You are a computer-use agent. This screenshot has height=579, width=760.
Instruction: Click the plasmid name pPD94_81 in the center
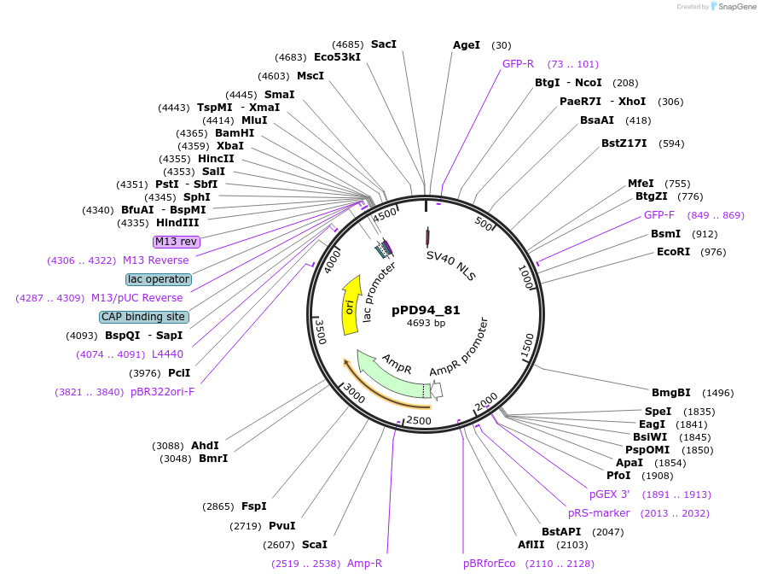pyautogui.click(x=426, y=310)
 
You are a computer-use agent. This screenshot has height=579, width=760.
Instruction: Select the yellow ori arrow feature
pyautogui.click(x=350, y=306)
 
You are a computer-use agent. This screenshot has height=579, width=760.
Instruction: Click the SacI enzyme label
pyautogui.click(x=384, y=44)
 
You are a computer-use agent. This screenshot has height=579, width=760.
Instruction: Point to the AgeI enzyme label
pyautogui.click(x=467, y=45)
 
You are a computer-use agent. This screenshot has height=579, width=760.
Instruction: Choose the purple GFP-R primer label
pyautogui.click(x=518, y=64)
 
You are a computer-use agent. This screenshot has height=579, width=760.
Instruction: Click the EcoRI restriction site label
pyautogui.click(x=673, y=252)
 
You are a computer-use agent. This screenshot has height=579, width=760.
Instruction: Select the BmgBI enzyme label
pyautogui.click(x=670, y=393)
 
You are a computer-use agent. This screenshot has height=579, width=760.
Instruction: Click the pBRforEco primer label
pyautogui.click(x=489, y=564)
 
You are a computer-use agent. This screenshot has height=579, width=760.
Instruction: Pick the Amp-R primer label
pyautogui.click(x=364, y=564)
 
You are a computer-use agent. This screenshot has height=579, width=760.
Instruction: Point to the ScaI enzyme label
pyautogui.click(x=314, y=544)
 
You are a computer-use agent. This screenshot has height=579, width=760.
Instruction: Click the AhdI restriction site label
pyautogui.click(x=205, y=446)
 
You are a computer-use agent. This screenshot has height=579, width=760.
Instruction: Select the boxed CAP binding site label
pyautogui.click(x=144, y=317)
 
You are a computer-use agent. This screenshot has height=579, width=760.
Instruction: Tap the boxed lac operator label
pyautogui.click(x=159, y=279)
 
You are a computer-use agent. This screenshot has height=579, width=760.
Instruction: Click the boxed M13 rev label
pyautogui.click(x=177, y=242)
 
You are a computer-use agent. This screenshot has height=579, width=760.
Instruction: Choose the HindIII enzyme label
pyautogui.click(x=177, y=223)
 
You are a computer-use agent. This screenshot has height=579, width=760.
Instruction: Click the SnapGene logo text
pyautogui.click(x=738, y=7)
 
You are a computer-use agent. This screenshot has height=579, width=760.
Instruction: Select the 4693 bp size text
pyautogui.click(x=426, y=324)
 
